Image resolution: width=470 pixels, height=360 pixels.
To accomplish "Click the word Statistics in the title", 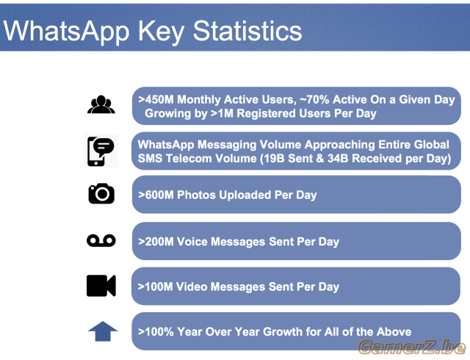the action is pyautogui.click(x=247, y=31).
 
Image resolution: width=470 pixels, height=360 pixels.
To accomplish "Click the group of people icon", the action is pyautogui.click(x=101, y=104).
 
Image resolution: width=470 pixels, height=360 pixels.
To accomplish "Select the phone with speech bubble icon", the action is pyautogui.click(x=101, y=151).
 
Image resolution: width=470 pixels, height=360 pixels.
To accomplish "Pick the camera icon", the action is pyautogui.click(x=101, y=193).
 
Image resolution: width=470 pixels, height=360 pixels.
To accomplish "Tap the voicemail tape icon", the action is pyautogui.click(x=101, y=240).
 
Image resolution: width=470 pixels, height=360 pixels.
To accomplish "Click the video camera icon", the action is pyautogui.click(x=101, y=286).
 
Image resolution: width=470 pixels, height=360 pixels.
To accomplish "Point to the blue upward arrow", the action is pyautogui.click(x=103, y=331).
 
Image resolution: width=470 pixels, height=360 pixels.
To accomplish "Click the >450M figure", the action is pyautogui.click(x=156, y=99).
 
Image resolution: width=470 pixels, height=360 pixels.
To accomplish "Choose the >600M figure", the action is pyautogui.click(x=156, y=195).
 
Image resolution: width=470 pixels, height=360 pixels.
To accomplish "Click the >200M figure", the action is pyautogui.click(x=156, y=242).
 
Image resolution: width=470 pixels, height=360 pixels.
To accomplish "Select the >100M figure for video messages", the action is pyautogui.click(x=155, y=287).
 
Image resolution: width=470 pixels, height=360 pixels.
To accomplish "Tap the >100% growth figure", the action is pyautogui.click(x=156, y=332).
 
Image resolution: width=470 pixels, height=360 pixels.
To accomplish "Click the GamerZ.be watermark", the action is pyautogui.click(x=412, y=347).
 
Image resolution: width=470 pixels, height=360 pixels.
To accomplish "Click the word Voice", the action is pyautogui.click(x=192, y=242).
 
